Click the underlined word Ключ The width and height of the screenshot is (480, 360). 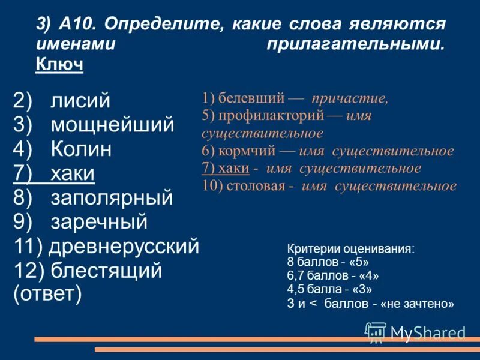[x=59, y=63]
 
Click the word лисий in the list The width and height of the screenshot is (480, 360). [x=80, y=100]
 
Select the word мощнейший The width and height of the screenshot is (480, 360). [x=112, y=124]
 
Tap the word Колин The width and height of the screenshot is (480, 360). [x=81, y=149]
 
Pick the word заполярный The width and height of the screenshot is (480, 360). [x=112, y=197]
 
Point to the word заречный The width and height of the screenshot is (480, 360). [x=99, y=222]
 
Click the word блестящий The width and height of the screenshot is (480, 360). [x=106, y=271]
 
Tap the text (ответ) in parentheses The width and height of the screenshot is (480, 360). [x=47, y=295]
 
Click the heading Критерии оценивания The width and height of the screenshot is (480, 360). [x=350, y=250]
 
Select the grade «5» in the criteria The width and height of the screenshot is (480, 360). [x=358, y=263]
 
